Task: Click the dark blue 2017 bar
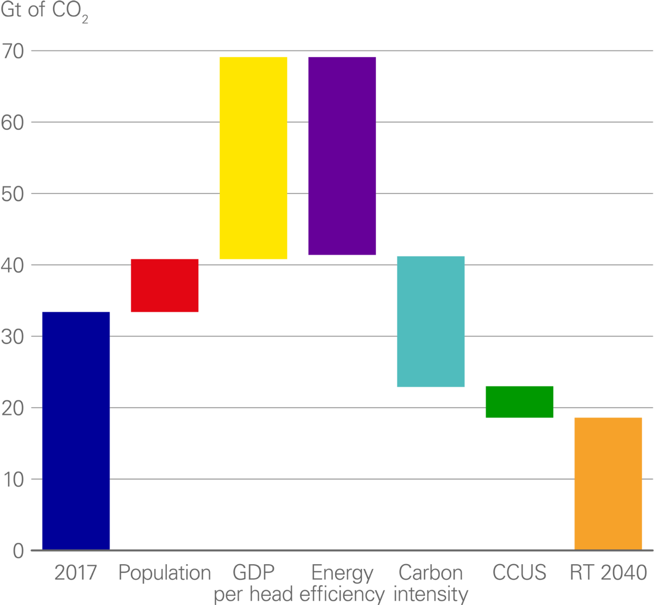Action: pyautogui.click(x=76, y=430)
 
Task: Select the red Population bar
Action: pyautogui.click(x=165, y=286)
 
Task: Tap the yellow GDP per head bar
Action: pyautogui.click(x=253, y=158)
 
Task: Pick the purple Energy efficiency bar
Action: pyautogui.click(x=342, y=156)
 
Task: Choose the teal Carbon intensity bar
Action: pyautogui.click(x=431, y=322)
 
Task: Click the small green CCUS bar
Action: pyautogui.click(x=519, y=402)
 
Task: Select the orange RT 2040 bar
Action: pyautogui.click(x=608, y=483)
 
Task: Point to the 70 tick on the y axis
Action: pyautogui.click(x=13, y=52)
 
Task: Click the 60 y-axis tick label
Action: pyautogui.click(x=13, y=123)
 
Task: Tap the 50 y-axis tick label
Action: pyautogui.click(x=13, y=194)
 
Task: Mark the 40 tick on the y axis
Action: pyautogui.click(x=13, y=265)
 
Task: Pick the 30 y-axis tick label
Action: pyautogui.click(x=13, y=337)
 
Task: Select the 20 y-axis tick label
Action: pyautogui.click(x=13, y=408)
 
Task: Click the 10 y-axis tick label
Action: pyautogui.click(x=13, y=480)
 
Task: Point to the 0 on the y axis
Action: pyautogui.click(x=19, y=551)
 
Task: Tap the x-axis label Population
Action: pyautogui.click(x=165, y=573)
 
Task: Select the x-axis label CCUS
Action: pyautogui.click(x=519, y=573)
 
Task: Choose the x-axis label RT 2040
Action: pyautogui.click(x=608, y=573)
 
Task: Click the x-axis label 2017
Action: pyautogui.click(x=76, y=573)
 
